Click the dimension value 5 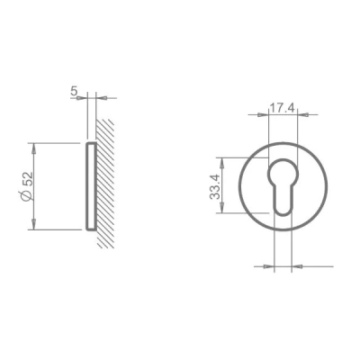coord(74,91)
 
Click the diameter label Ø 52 coord(27,185)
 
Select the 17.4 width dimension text coord(282,108)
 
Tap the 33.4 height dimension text coord(215,187)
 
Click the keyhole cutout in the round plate coord(283,186)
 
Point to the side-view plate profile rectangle coord(91,186)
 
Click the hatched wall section coord(105,183)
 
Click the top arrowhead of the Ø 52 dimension coord(33,148)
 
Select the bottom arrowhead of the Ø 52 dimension coord(33,224)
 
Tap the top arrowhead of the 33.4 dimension coord(222,163)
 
